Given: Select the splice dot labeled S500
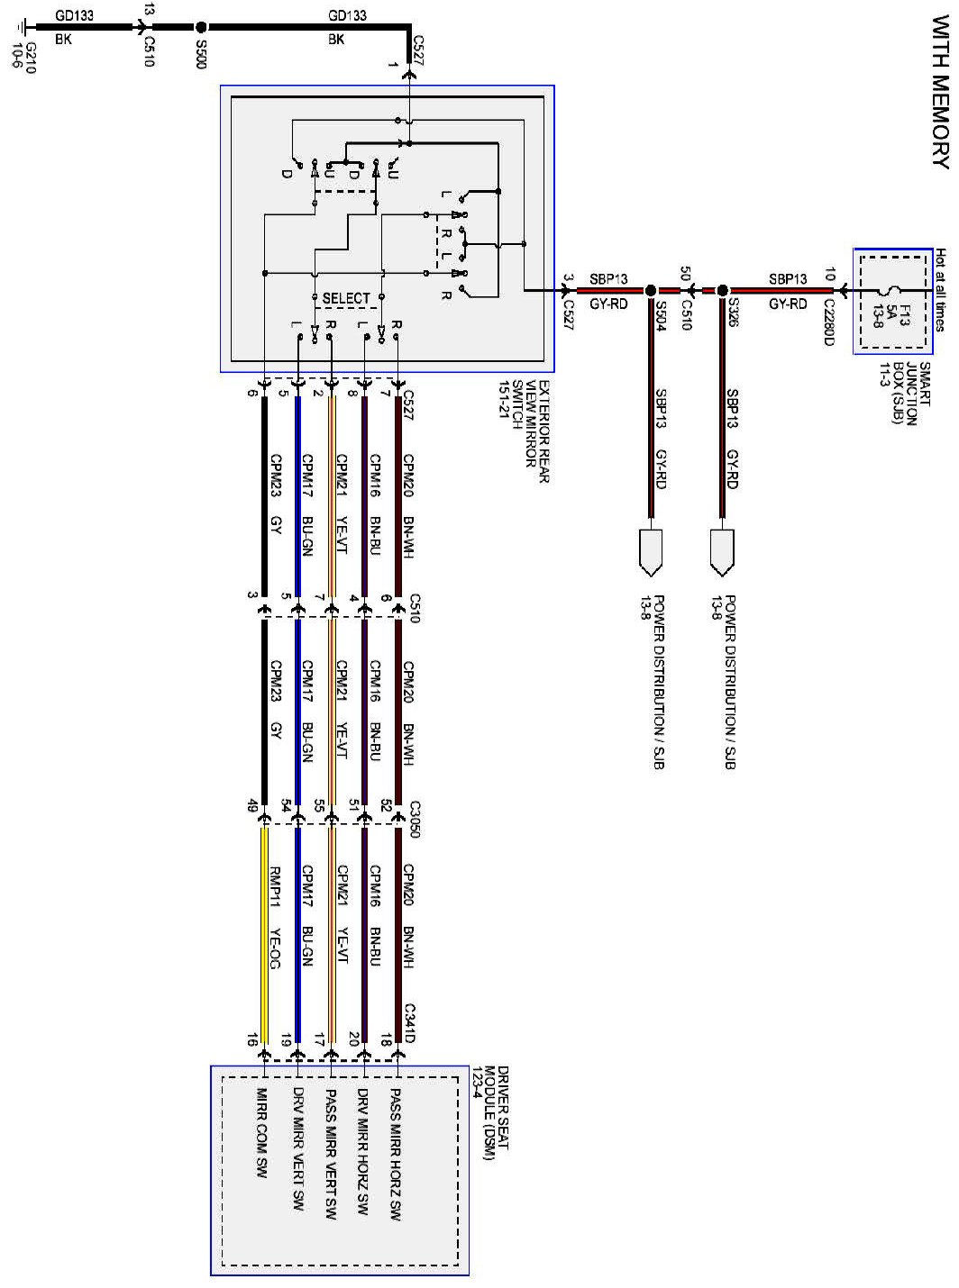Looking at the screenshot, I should tap(200, 28).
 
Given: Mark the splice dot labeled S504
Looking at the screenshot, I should tap(649, 291).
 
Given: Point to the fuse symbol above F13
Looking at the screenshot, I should tap(890, 265).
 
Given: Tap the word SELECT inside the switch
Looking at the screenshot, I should tap(346, 298).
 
